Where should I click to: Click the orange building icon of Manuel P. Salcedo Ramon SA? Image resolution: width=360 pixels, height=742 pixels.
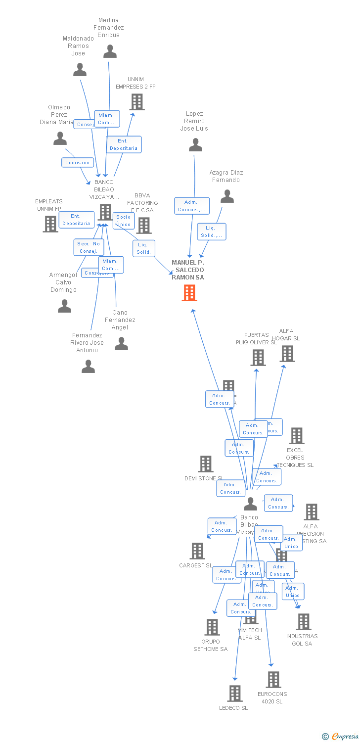coord(189,293)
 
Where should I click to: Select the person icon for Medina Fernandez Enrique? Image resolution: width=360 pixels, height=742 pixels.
coord(110,51)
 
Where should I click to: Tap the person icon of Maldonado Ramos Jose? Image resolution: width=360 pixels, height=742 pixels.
coord(80,70)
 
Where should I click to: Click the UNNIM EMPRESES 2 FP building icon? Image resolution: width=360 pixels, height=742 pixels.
coord(137,102)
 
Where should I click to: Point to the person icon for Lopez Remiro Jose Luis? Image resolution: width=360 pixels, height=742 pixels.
coord(195,145)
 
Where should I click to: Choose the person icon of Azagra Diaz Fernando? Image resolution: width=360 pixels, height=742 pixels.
coord(227,196)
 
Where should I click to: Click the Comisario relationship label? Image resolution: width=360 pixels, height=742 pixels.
coord(78,162)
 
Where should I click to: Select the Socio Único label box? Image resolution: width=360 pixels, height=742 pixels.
coord(124,221)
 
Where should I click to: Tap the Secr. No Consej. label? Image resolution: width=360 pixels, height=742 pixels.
coord(89,247)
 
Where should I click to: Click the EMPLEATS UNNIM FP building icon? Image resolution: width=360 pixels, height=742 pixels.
coord(50,224)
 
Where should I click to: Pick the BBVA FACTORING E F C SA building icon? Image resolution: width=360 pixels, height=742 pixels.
coord(144,226)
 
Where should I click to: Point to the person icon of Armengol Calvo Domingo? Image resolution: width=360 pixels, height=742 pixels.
coord(64,306)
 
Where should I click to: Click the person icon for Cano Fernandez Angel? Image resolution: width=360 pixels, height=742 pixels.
coord(121,343)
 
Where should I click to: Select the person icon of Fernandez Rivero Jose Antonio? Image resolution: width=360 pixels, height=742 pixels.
coord(88,366)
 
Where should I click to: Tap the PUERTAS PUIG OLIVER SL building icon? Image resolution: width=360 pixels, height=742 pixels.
coord(258,358)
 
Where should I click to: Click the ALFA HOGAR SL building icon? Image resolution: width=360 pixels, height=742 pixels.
coord(287,354)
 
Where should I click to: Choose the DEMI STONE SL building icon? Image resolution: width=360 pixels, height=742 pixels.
coord(206,464)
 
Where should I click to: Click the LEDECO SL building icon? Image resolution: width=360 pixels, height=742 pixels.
coord(235,694)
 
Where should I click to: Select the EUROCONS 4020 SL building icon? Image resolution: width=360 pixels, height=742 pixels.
coord(273,680)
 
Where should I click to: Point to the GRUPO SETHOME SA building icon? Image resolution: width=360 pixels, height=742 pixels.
coord(212,627)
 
